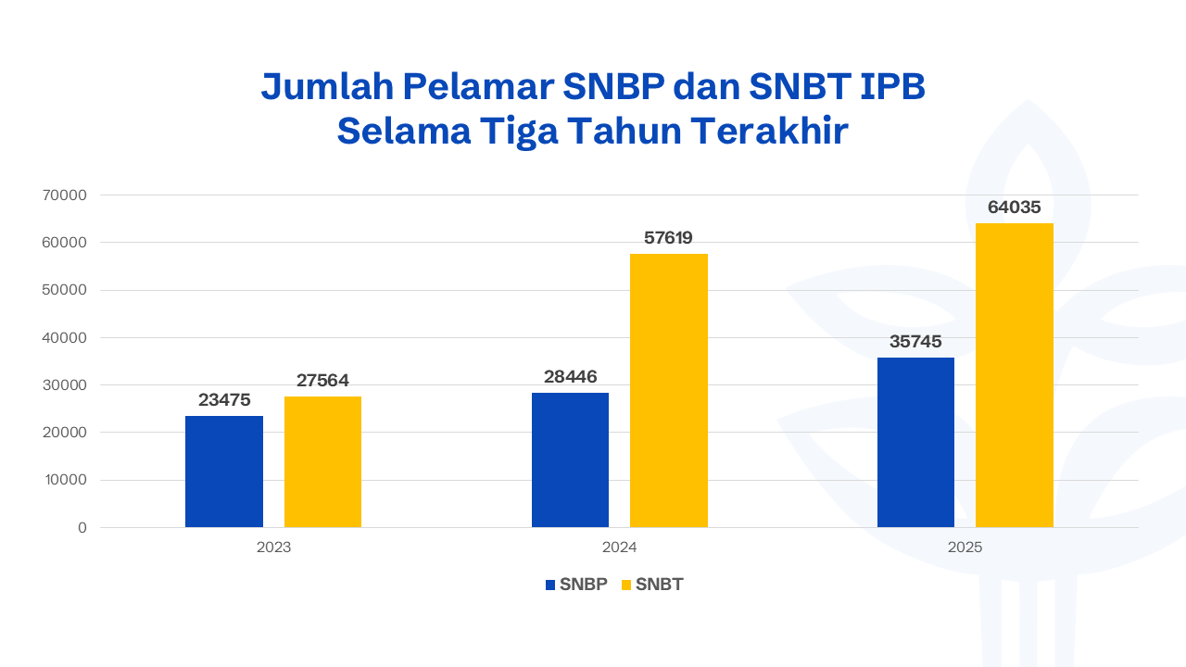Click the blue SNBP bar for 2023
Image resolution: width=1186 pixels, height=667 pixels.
pyautogui.click(x=224, y=472)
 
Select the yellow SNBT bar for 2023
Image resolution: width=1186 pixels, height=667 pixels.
pyautogui.click(x=322, y=462)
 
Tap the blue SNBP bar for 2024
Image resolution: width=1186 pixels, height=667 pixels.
pyautogui.click(x=570, y=460)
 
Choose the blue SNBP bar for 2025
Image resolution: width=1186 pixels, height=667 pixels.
pyautogui.click(x=915, y=443)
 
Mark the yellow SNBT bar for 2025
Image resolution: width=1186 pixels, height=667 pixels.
pyautogui.click(x=1015, y=375)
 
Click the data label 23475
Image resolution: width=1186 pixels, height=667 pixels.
pyautogui.click(x=224, y=400)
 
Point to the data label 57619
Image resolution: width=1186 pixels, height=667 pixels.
pyautogui.click(x=669, y=238)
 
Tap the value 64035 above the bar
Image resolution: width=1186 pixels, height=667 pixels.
pyautogui.click(x=1015, y=208)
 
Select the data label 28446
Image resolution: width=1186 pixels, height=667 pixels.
pyautogui.click(x=570, y=377)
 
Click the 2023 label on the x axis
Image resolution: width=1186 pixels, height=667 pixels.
pyautogui.click(x=273, y=547)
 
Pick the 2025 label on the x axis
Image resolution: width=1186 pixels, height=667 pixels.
pyautogui.click(x=965, y=547)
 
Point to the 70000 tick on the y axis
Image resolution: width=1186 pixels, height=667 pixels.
pyautogui.click(x=65, y=195)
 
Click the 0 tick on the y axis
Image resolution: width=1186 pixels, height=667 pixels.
pyautogui.click(x=82, y=528)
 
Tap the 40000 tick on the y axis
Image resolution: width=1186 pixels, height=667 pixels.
pyautogui.click(x=65, y=338)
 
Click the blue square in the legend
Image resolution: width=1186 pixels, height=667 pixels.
pyautogui.click(x=550, y=585)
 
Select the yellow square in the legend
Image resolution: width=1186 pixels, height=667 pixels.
pyautogui.click(x=626, y=585)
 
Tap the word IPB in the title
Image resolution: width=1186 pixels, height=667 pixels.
pyautogui.click(x=893, y=86)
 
